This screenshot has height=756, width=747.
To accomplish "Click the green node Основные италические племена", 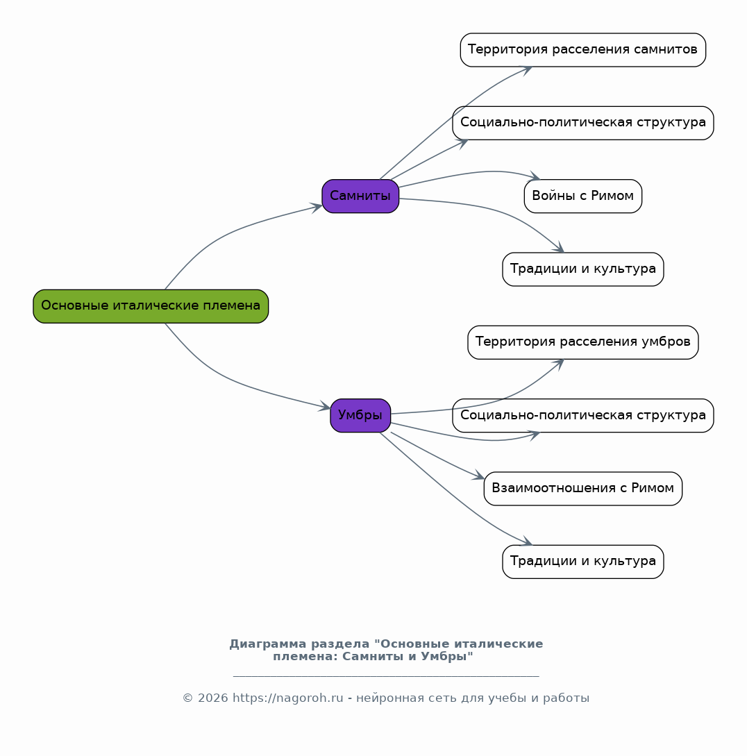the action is (x=151, y=306).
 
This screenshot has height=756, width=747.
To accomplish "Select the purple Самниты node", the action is (x=360, y=196).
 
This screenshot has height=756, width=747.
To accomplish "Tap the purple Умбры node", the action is (x=360, y=416).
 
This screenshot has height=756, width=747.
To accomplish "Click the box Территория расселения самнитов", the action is (x=582, y=50).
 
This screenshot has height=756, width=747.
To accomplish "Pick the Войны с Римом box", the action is (x=582, y=196).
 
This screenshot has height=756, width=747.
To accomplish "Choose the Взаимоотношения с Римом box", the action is (x=582, y=489).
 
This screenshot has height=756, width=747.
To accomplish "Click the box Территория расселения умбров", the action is (x=582, y=342).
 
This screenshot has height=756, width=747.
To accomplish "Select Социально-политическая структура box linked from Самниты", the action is (x=582, y=123).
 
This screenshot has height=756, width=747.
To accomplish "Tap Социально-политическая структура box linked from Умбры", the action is (x=582, y=416).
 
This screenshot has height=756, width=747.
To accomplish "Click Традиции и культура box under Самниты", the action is (x=582, y=269).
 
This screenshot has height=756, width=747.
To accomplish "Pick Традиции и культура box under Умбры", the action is (x=582, y=562).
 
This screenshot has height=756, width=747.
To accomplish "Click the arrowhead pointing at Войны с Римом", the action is (x=535, y=176).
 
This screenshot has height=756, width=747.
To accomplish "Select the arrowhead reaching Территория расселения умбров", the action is (x=560, y=364).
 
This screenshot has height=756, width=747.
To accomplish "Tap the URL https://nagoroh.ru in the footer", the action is (x=288, y=698).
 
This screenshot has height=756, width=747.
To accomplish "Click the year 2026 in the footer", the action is (x=212, y=698).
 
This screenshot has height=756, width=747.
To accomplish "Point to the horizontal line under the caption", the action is (x=386, y=676).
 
